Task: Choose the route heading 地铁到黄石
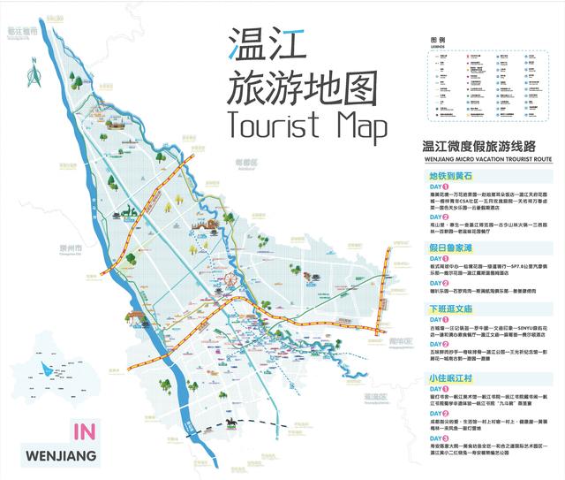coord(451,176)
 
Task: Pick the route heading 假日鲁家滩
coord(452,249)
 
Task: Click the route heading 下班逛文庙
coord(452,309)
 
